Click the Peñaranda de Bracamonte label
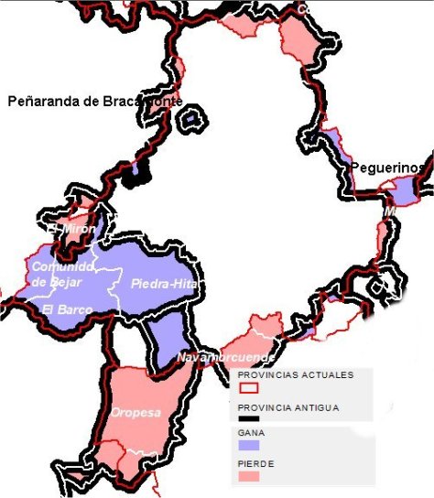[x=94, y=101]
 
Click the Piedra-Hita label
[x=158, y=284]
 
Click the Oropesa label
[x=136, y=412]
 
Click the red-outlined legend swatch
[x=247, y=388]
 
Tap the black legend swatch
[x=248, y=419]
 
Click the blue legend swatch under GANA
[x=248, y=444]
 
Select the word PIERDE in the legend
[x=255, y=464]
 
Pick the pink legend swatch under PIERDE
[x=248, y=476]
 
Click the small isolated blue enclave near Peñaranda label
[x=190, y=118]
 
